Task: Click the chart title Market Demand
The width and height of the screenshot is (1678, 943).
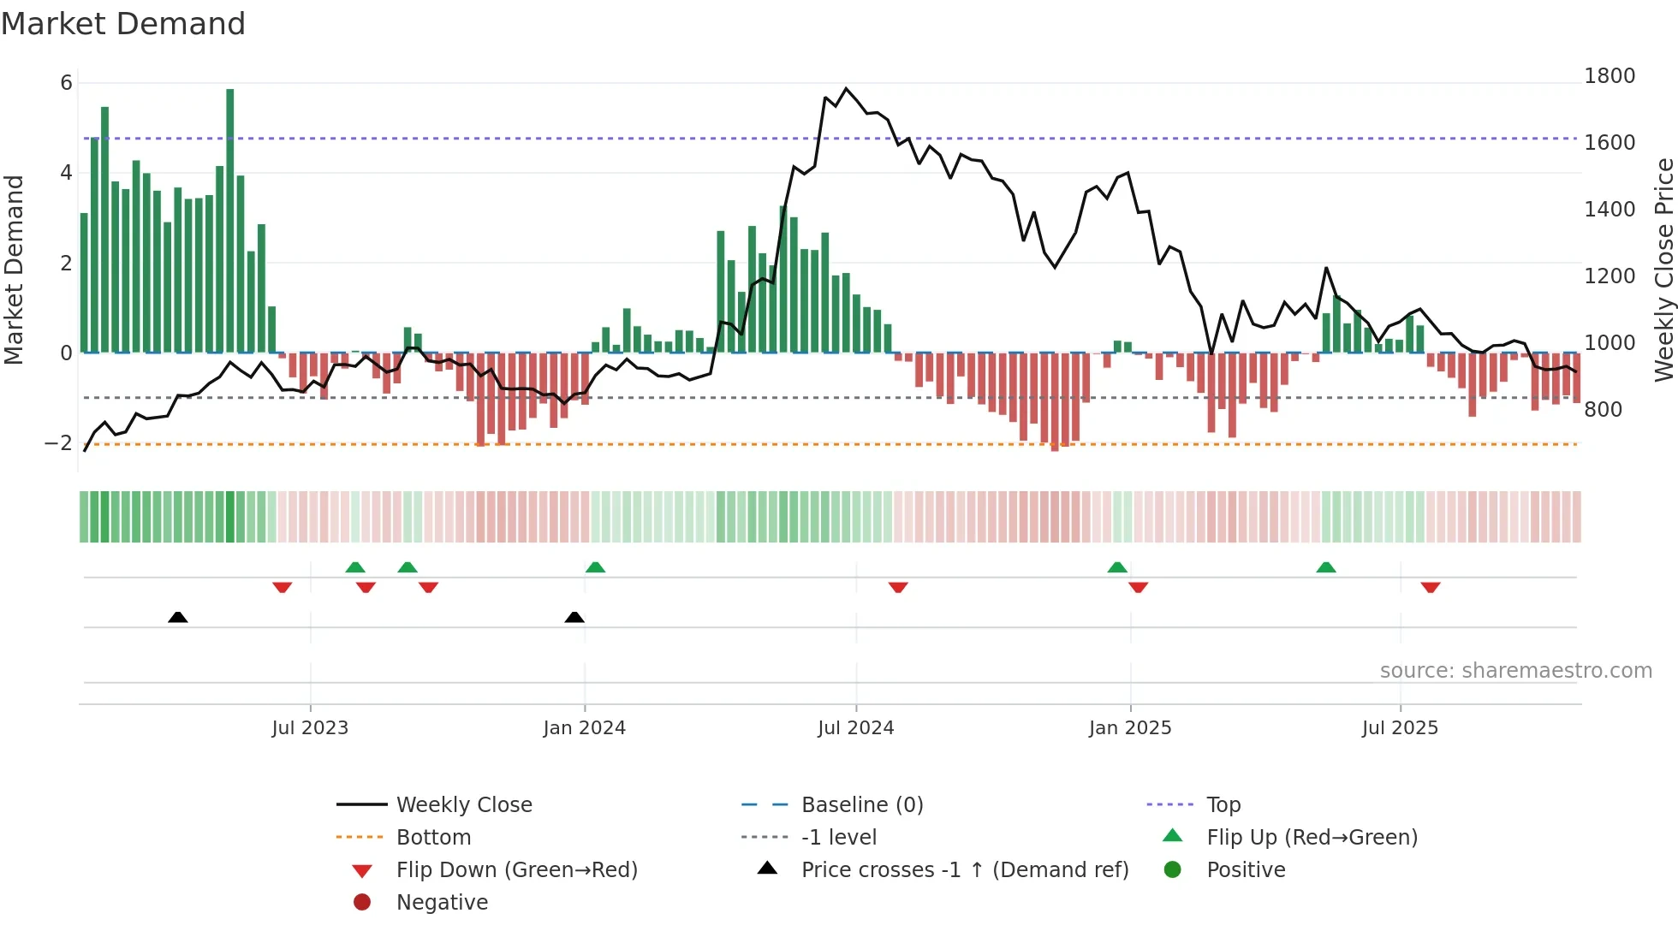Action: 123,24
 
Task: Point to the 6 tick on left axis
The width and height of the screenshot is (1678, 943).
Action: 66,83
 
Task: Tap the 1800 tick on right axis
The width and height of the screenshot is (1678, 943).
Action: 1610,76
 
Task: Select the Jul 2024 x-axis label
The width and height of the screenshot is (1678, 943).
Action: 855,728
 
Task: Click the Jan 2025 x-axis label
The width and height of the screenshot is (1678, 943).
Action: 1130,728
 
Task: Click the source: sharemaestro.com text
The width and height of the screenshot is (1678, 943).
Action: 1515,671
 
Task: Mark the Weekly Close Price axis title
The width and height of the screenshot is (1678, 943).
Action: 1663,270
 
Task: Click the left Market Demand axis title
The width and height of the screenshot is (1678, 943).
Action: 14,270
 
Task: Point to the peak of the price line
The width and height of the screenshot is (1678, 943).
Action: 846,88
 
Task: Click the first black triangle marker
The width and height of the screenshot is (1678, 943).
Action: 178,617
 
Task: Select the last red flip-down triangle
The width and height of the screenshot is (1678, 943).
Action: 1431,587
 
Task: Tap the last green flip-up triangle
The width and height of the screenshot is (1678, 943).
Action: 1326,567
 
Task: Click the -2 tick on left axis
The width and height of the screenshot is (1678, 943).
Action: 58,443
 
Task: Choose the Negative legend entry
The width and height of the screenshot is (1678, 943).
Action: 441,903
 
